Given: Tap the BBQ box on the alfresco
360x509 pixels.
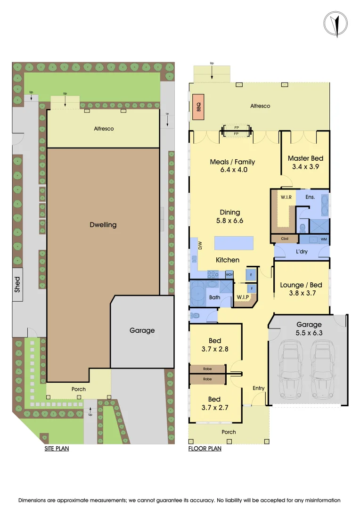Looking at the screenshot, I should [196, 107].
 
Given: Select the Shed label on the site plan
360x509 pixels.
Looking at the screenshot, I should [17, 284].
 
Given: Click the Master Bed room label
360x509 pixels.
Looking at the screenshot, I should [305, 158].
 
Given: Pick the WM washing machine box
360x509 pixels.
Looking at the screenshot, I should [323, 239].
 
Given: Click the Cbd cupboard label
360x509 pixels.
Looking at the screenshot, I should [285, 239].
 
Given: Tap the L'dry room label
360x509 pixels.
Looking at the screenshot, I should [302, 252].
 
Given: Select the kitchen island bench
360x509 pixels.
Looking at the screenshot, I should [233, 243].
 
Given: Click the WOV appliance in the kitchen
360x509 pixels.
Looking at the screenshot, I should [229, 274].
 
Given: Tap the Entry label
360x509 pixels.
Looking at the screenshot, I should [259, 388].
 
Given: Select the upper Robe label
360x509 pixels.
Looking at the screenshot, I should [207, 369].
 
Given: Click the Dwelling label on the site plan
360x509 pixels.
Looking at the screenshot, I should [103, 225].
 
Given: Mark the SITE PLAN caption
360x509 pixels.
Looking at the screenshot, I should [57, 449].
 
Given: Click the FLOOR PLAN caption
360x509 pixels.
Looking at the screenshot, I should [205, 449].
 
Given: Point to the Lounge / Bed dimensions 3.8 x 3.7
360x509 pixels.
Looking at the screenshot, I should [301, 293].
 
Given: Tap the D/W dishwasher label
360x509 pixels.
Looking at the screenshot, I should [200, 245].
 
